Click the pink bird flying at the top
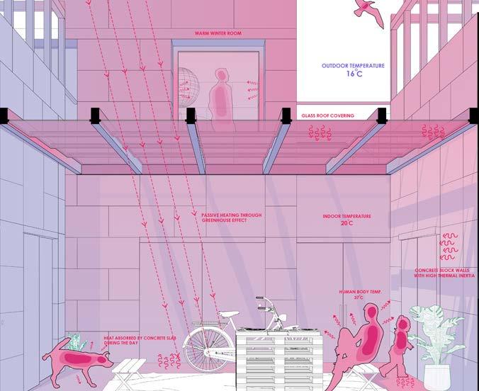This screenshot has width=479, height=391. point(368,10)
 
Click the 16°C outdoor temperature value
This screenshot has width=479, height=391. point(354,74)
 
